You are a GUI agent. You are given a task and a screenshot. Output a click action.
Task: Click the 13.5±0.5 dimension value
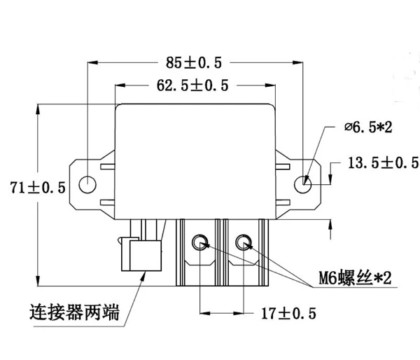382,163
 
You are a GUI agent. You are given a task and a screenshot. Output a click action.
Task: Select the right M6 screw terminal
244,243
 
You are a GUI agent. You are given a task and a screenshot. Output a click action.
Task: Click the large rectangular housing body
195,158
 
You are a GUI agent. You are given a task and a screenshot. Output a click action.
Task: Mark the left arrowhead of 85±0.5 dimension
90,62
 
